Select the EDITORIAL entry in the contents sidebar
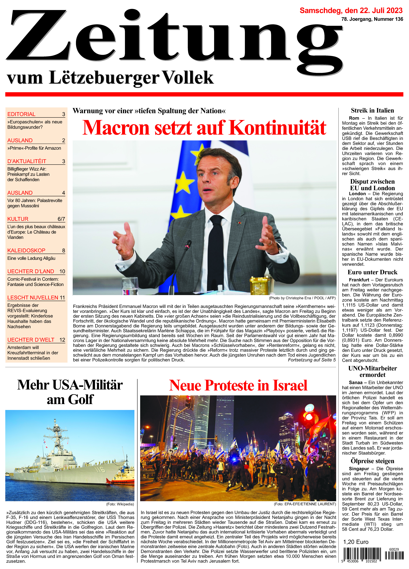click(x=22, y=114)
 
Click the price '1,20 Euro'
click(x=356, y=542)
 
